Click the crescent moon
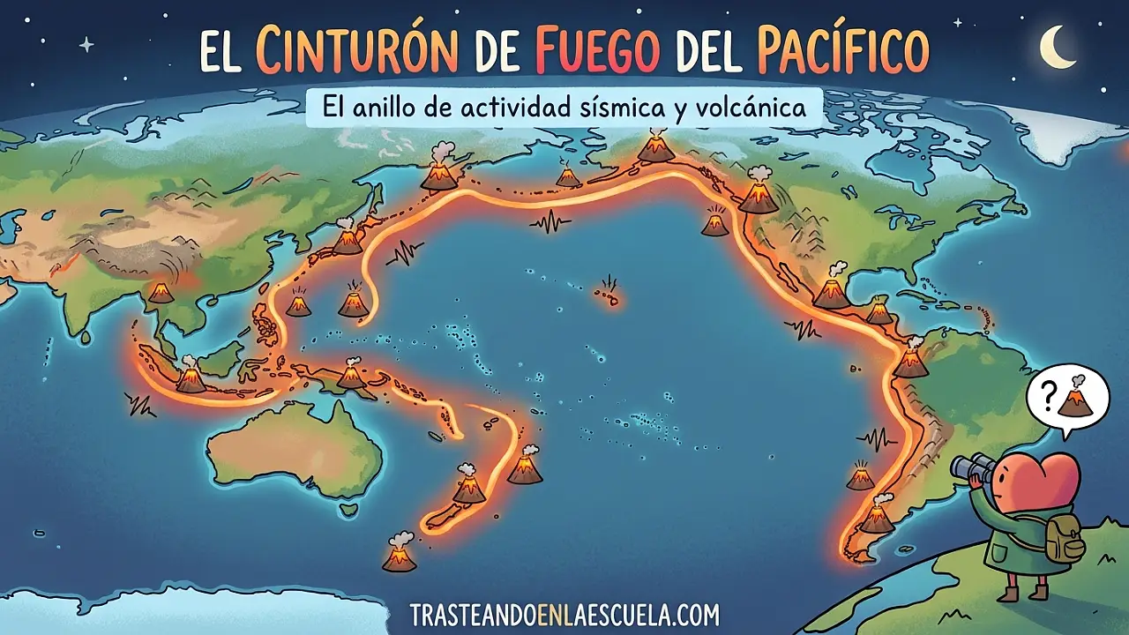(x=1057, y=46)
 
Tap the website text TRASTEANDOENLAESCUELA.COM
(x=564, y=614)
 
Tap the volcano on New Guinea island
(x=352, y=376)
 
